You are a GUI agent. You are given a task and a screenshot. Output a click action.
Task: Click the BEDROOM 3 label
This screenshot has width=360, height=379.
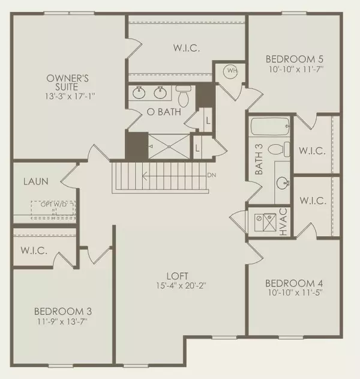(x=63, y=311)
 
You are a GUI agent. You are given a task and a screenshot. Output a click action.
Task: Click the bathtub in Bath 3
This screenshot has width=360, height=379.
(x=270, y=126)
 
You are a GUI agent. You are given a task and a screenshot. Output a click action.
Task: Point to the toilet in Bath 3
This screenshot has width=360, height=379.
(x=276, y=148)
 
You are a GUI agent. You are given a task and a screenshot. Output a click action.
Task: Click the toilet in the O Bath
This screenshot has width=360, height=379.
(x=184, y=96)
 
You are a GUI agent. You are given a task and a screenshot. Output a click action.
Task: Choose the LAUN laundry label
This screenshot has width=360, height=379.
(x=35, y=180)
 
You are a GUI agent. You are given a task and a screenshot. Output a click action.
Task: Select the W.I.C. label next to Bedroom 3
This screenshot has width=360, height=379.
(x=34, y=249)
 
